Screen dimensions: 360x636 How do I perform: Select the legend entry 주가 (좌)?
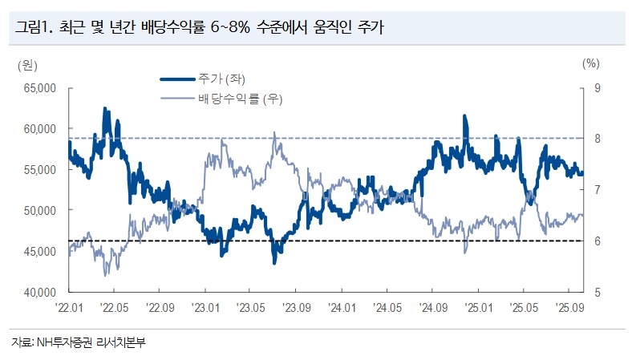tap(222, 79)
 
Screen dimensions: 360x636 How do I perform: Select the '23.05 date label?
tap(251, 307)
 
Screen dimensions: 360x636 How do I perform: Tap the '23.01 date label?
tap(205, 307)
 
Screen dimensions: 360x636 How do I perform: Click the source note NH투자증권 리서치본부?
tap(79, 342)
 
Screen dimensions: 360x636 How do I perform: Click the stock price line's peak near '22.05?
tap(105, 109)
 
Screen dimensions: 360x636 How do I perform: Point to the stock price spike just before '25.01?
tap(464, 117)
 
